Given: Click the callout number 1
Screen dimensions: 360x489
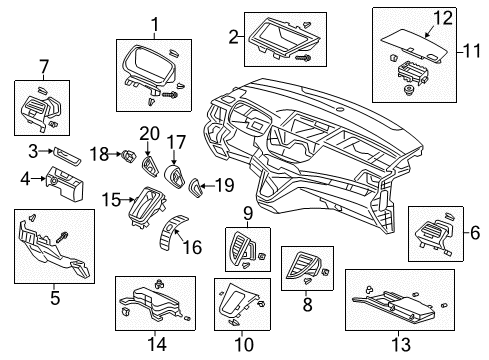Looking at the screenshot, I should pyautogui.click(x=154, y=24).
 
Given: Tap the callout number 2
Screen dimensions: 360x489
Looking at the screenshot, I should pyautogui.click(x=233, y=37).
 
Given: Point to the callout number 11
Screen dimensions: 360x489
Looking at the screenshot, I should pyautogui.click(x=475, y=48).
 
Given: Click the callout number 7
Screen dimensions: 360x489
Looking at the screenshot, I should pyautogui.click(x=42, y=67).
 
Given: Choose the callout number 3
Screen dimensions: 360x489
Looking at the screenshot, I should pyautogui.click(x=32, y=150).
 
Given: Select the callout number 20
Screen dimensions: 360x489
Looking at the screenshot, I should pyautogui.click(x=150, y=133).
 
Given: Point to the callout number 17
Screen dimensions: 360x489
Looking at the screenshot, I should pyautogui.click(x=176, y=142).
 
